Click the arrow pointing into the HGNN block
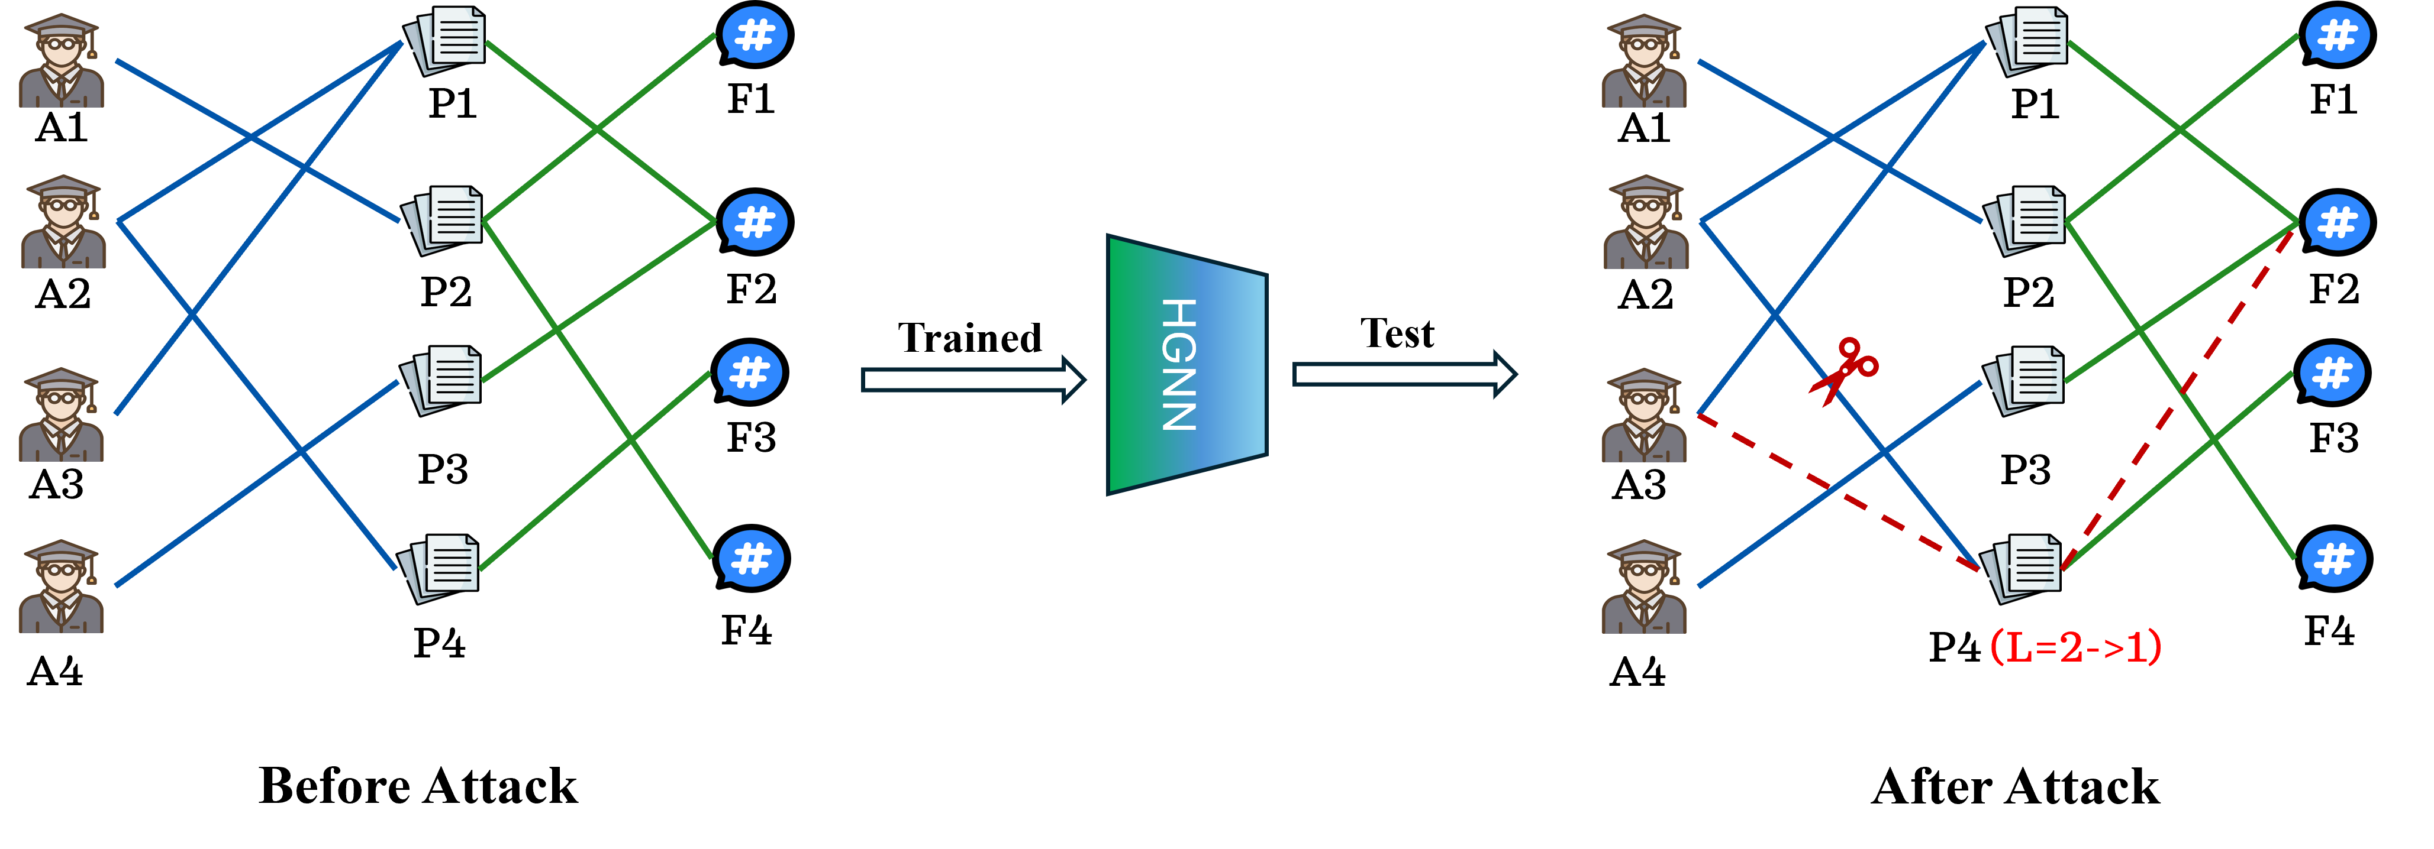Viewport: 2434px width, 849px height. [973, 380]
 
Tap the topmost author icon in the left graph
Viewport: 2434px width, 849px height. [62, 60]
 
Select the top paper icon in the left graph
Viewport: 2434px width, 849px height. [443, 41]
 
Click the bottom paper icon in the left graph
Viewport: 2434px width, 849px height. [437, 569]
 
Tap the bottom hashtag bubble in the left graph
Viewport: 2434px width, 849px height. [751, 558]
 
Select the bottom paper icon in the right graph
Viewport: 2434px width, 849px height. [2020, 569]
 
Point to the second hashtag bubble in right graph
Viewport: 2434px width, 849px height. [2337, 222]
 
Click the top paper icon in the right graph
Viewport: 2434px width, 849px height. [2026, 41]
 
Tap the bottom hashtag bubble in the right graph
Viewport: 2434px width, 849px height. [2334, 558]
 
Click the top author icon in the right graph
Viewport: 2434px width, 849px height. [1643, 60]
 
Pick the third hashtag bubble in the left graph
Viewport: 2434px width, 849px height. [749, 372]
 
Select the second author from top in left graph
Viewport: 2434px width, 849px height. [63, 221]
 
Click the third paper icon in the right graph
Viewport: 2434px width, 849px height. [2023, 381]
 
